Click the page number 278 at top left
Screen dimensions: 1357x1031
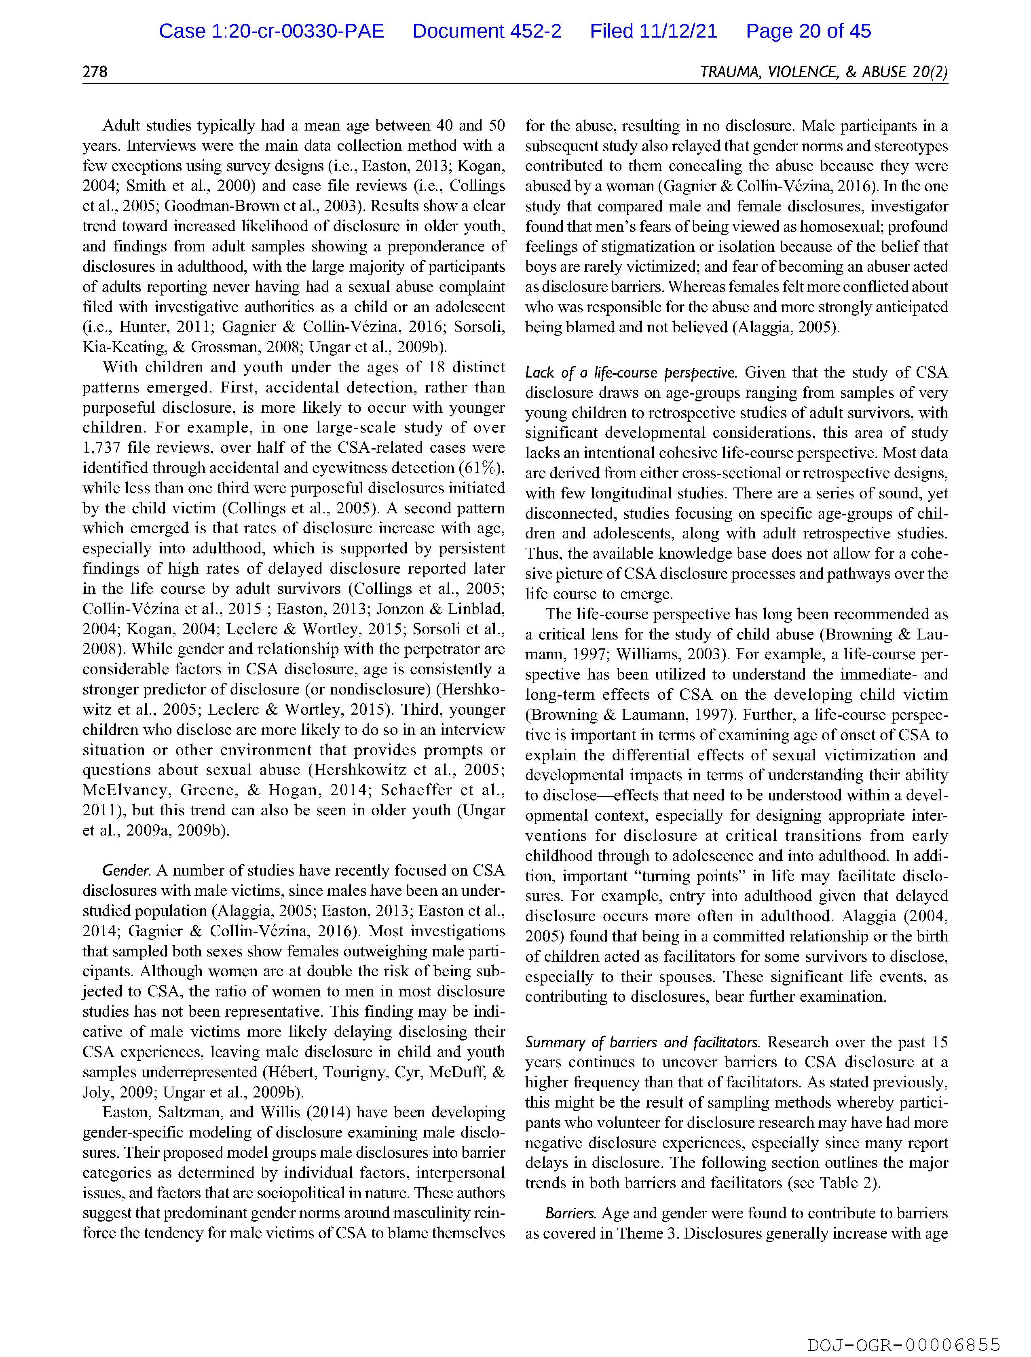95,72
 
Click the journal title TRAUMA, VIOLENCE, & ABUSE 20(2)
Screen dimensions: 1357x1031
824,72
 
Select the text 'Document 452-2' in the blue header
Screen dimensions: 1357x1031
487,31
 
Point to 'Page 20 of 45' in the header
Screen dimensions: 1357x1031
808,31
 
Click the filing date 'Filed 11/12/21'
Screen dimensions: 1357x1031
654,31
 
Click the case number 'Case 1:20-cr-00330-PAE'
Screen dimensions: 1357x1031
271,31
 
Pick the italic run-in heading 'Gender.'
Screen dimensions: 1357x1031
127,871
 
